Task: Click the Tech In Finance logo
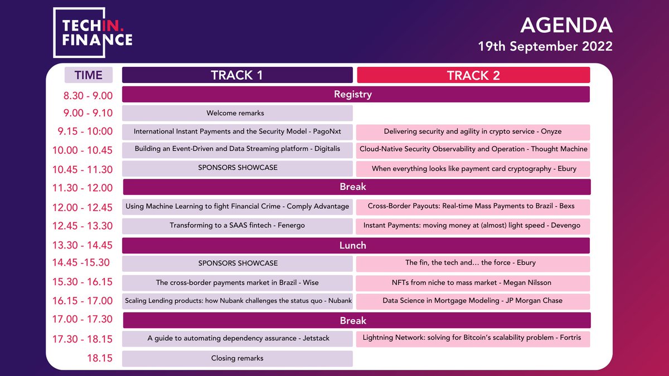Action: [x=93, y=33]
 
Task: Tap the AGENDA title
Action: [x=566, y=25]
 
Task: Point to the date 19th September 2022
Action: [x=545, y=47]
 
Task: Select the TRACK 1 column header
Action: [x=237, y=75]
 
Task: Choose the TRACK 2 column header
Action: [x=473, y=75]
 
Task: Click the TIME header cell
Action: [x=89, y=75]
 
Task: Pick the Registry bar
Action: [x=355, y=94]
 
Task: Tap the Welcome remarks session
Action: [x=237, y=113]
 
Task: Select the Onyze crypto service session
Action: [x=473, y=132]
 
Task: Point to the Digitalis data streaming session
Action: [x=237, y=149]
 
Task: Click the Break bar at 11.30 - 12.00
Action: [x=355, y=187]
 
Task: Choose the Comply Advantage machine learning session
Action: [x=237, y=206]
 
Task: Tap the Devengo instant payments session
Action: [x=473, y=226]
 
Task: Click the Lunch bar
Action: [x=355, y=245]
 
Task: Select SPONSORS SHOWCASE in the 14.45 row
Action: [x=237, y=263]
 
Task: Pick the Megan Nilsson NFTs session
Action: [x=473, y=282]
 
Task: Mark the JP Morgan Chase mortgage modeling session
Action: [x=473, y=301]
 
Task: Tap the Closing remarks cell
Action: [x=237, y=358]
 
